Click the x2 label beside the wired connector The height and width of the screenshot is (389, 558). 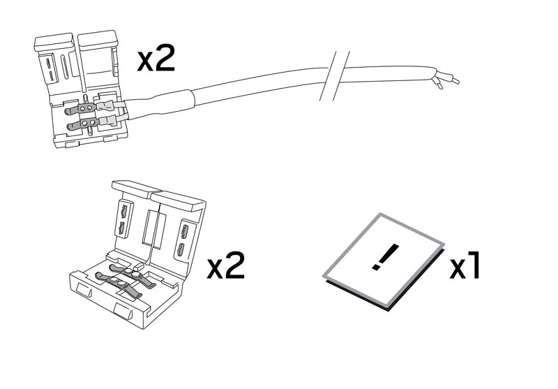pos(156,59)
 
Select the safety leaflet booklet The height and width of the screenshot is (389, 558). pos(384,261)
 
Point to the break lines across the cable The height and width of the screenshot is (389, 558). pos(335,75)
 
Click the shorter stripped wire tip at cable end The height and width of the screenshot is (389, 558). pos(438,84)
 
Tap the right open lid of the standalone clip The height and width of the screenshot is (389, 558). pos(178,232)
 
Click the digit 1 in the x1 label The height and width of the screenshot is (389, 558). pos(474,265)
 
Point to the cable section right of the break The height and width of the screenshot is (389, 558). pos(388,74)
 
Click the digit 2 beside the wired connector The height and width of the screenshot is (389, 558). pos(165,59)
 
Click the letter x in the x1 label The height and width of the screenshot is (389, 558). pos(458,269)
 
